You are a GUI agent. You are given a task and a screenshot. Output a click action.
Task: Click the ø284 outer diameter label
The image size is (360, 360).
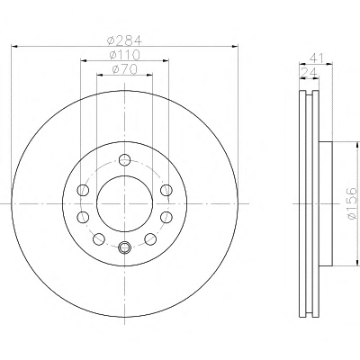click(x=124, y=40)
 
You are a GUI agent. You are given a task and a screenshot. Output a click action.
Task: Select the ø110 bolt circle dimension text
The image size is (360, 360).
click(x=124, y=55)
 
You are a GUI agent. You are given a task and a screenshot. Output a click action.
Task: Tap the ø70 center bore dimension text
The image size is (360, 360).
click(x=125, y=69)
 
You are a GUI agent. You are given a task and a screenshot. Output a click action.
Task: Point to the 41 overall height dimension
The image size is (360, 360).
click(x=317, y=58)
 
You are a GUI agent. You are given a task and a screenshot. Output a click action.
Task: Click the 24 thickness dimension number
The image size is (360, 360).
click(x=309, y=72)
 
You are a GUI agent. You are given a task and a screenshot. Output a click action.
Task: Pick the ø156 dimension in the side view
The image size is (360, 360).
click(x=351, y=203)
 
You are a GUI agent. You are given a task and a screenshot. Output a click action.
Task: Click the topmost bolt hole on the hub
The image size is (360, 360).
click(x=124, y=159)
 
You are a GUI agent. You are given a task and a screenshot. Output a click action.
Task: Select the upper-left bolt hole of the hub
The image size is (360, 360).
click(x=83, y=190)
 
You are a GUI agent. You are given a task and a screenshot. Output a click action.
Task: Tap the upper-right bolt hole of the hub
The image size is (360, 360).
click(x=166, y=190)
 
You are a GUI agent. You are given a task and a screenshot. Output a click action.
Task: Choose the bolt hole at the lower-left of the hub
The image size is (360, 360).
click(x=99, y=238)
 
